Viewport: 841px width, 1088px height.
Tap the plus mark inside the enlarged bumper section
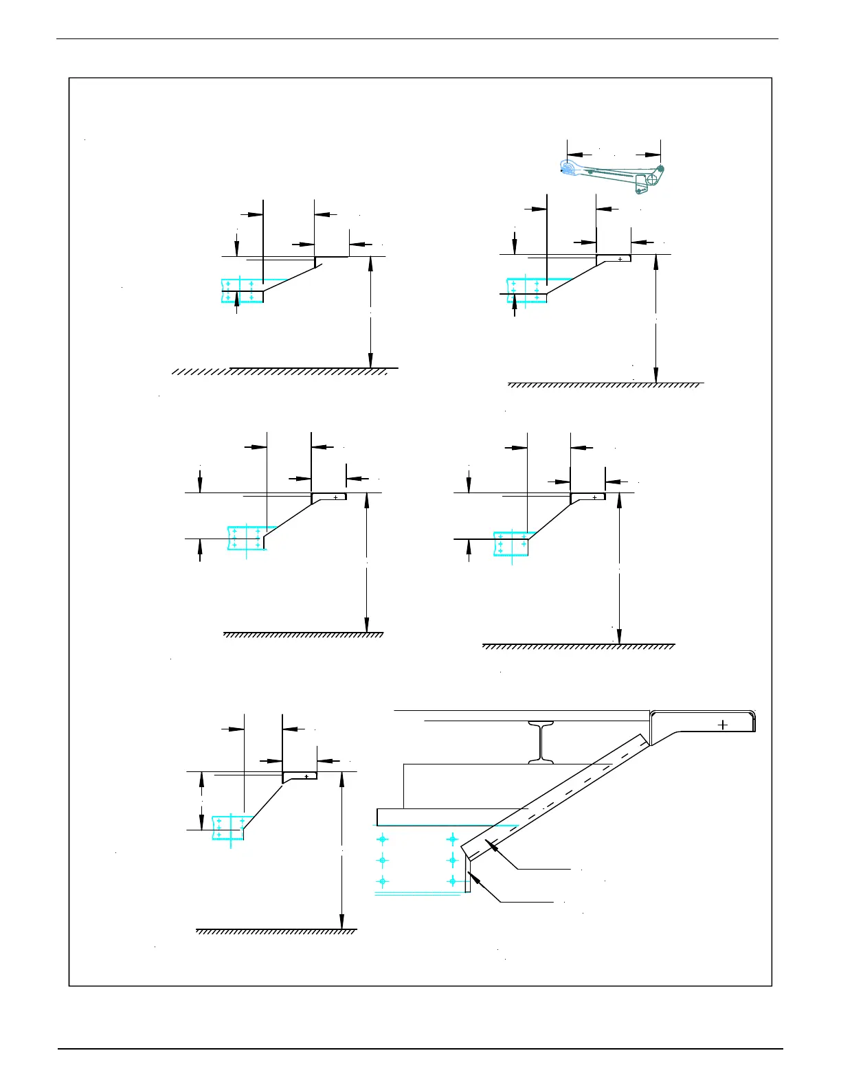pyautogui.click(x=723, y=725)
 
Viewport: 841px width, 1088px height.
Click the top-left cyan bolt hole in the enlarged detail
pyautogui.click(x=383, y=839)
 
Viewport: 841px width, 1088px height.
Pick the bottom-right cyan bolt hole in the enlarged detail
pyautogui.click(x=452, y=881)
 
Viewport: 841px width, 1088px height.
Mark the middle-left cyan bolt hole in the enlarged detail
pyautogui.click(x=383, y=860)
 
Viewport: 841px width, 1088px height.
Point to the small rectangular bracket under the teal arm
pyautogui.click(x=641, y=183)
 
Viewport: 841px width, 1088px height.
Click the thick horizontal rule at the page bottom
pyautogui.click(x=420, y=1049)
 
